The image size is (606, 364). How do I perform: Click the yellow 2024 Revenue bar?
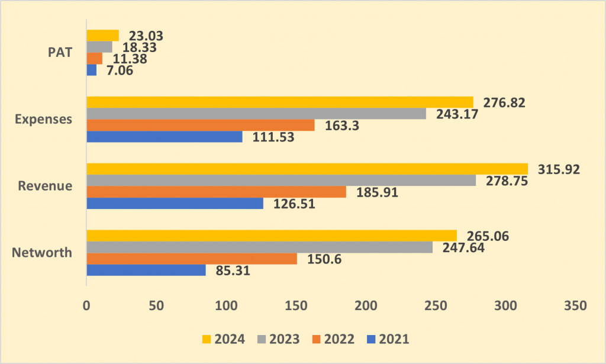tap(307, 169)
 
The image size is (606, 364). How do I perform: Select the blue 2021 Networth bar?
tap(146, 270)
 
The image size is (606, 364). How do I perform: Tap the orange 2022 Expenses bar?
tap(201, 125)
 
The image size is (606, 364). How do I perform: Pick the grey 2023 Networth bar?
tap(260, 247)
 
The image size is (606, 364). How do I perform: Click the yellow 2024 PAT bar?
tap(103, 36)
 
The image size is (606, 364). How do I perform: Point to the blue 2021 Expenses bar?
tap(165, 137)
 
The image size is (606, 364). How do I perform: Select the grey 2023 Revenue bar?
tap(281, 181)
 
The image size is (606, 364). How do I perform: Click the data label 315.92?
tap(559, 169)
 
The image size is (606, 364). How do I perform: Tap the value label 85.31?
tap(233, 270)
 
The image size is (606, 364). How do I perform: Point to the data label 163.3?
tap(342, 125)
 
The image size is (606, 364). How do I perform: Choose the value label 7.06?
tap(120, 70)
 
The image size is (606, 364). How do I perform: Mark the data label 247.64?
tap(463, 247)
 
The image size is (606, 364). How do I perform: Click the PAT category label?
tap(60, 52)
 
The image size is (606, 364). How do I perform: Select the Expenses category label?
tap(43, 119)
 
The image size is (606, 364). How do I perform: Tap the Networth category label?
tap(42, 252)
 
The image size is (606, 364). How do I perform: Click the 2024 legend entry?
tap(224, 339)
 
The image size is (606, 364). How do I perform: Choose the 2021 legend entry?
tap(388, 339)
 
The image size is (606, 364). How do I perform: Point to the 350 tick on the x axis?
tap(575, 305)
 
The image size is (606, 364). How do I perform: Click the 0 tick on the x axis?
tap(86, 305)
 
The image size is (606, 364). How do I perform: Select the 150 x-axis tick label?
tap(296, 305)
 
